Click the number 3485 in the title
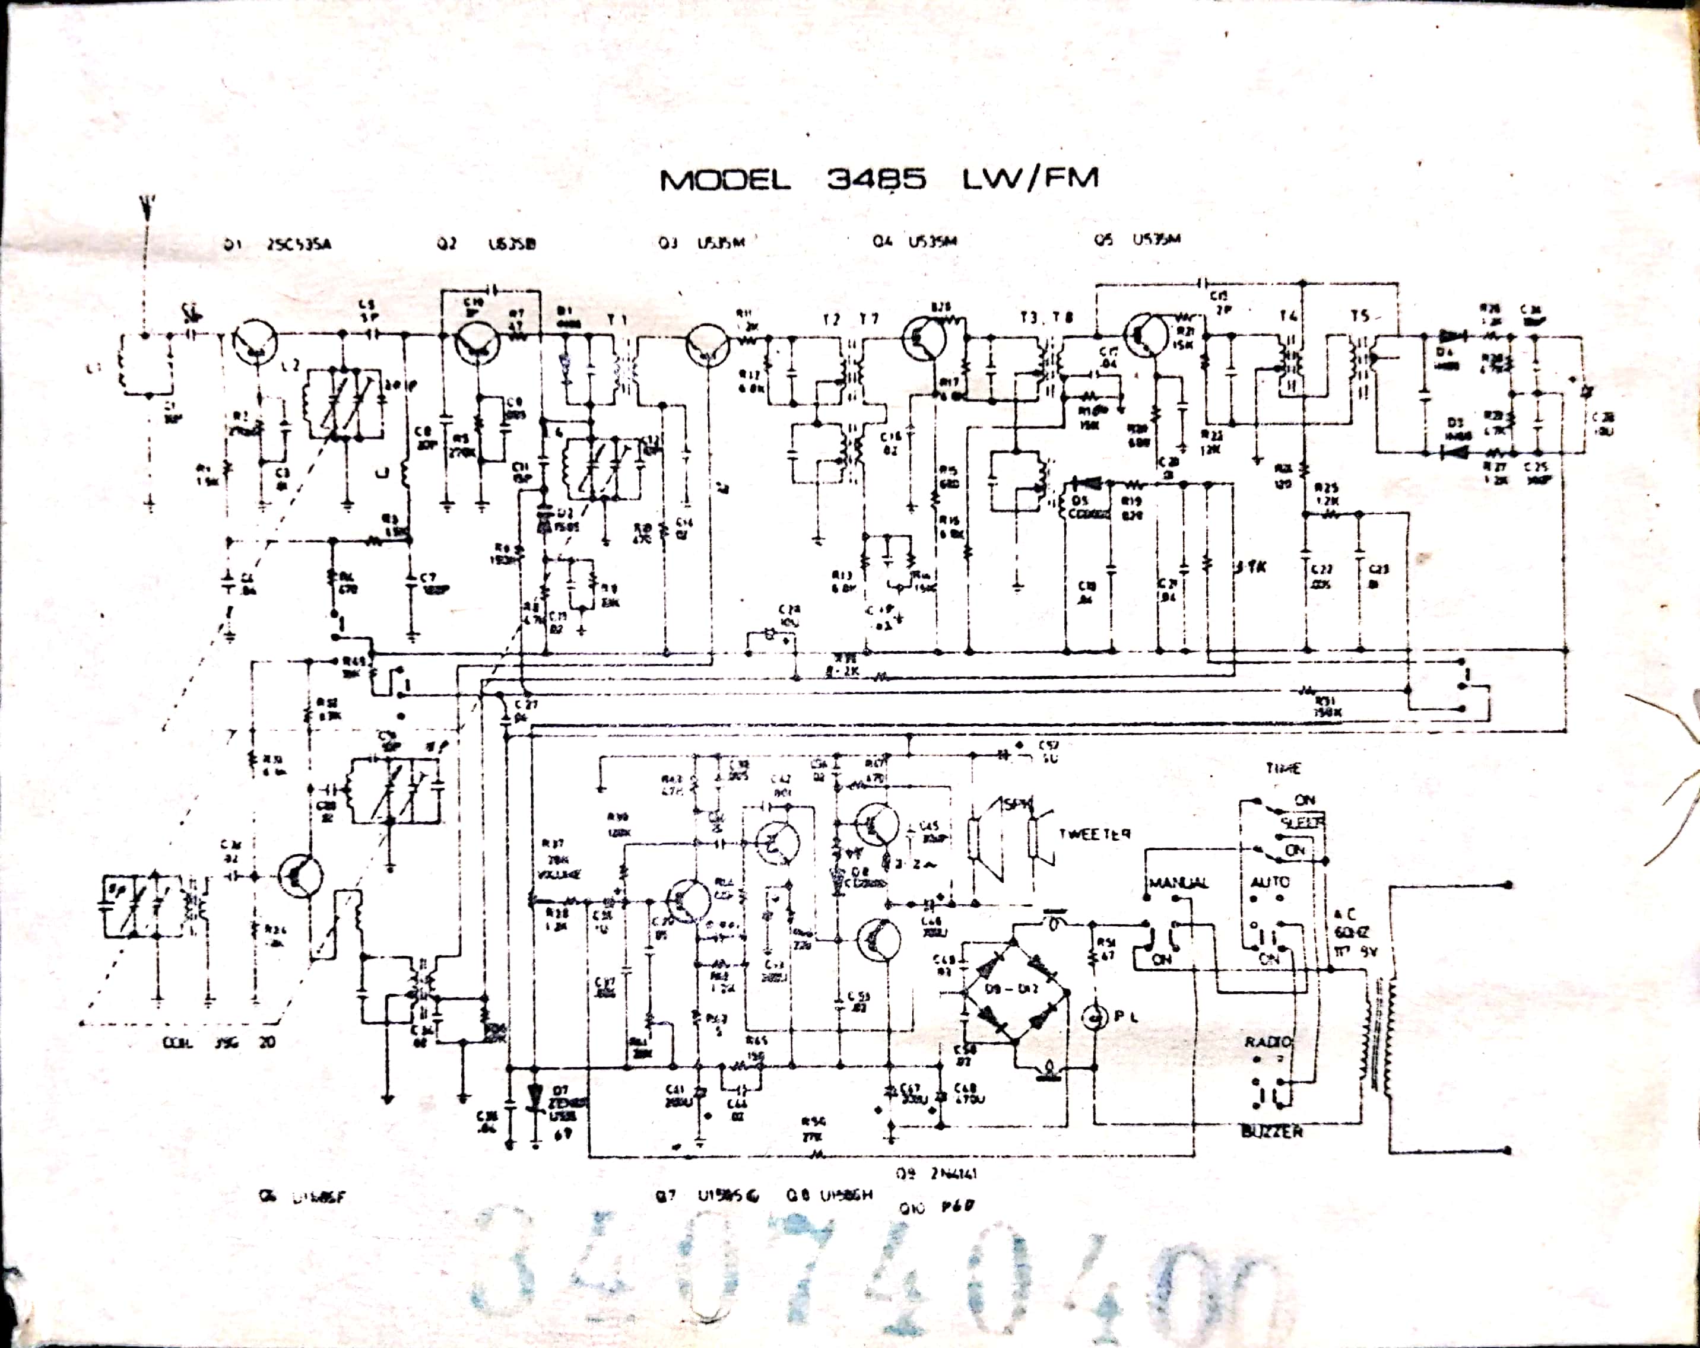click(876, 180)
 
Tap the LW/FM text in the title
click(1030, 179)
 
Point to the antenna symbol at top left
click(145, 206)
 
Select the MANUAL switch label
click(1179, 883)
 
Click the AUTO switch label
click(1270, 881)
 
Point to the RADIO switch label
click(1268, 1041)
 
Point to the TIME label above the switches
click(1283, 768)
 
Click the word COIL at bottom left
click(177, 1042)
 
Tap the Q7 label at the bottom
click(666, 1196)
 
